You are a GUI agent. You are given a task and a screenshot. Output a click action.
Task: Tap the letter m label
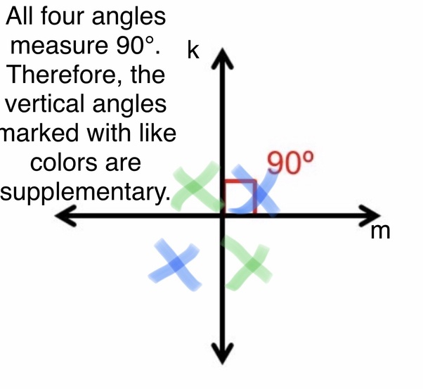point(379,231)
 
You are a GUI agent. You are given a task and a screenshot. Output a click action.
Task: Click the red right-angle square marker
point(239,196)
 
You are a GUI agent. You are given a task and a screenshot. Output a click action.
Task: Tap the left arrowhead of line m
point(65,216)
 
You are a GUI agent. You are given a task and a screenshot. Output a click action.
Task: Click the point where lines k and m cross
point(223,215)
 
